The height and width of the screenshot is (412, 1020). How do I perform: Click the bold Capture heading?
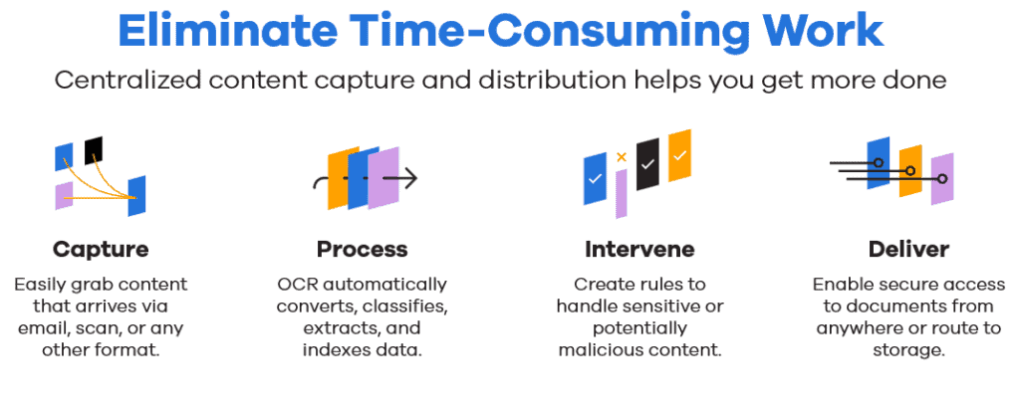click(x=101, y=249)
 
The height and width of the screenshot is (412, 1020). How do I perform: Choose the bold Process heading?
click(x=362, y=249)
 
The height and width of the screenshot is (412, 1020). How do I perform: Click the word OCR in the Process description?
click(x=298, y=285)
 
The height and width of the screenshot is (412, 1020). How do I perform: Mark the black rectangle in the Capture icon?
click(x=94, y=149)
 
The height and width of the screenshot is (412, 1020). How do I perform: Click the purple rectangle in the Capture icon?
click(x=64, y=195)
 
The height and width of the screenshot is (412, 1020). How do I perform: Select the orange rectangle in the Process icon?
click(x=339, y=179)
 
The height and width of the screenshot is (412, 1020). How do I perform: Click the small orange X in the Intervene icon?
click(x=622, y=156)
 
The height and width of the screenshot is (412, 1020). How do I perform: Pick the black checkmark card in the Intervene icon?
click(x=647, y=164)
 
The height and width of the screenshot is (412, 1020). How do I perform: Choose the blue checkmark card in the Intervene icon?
click(x=595, y=179)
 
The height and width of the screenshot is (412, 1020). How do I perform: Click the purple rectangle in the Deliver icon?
click(x=941, y=179)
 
